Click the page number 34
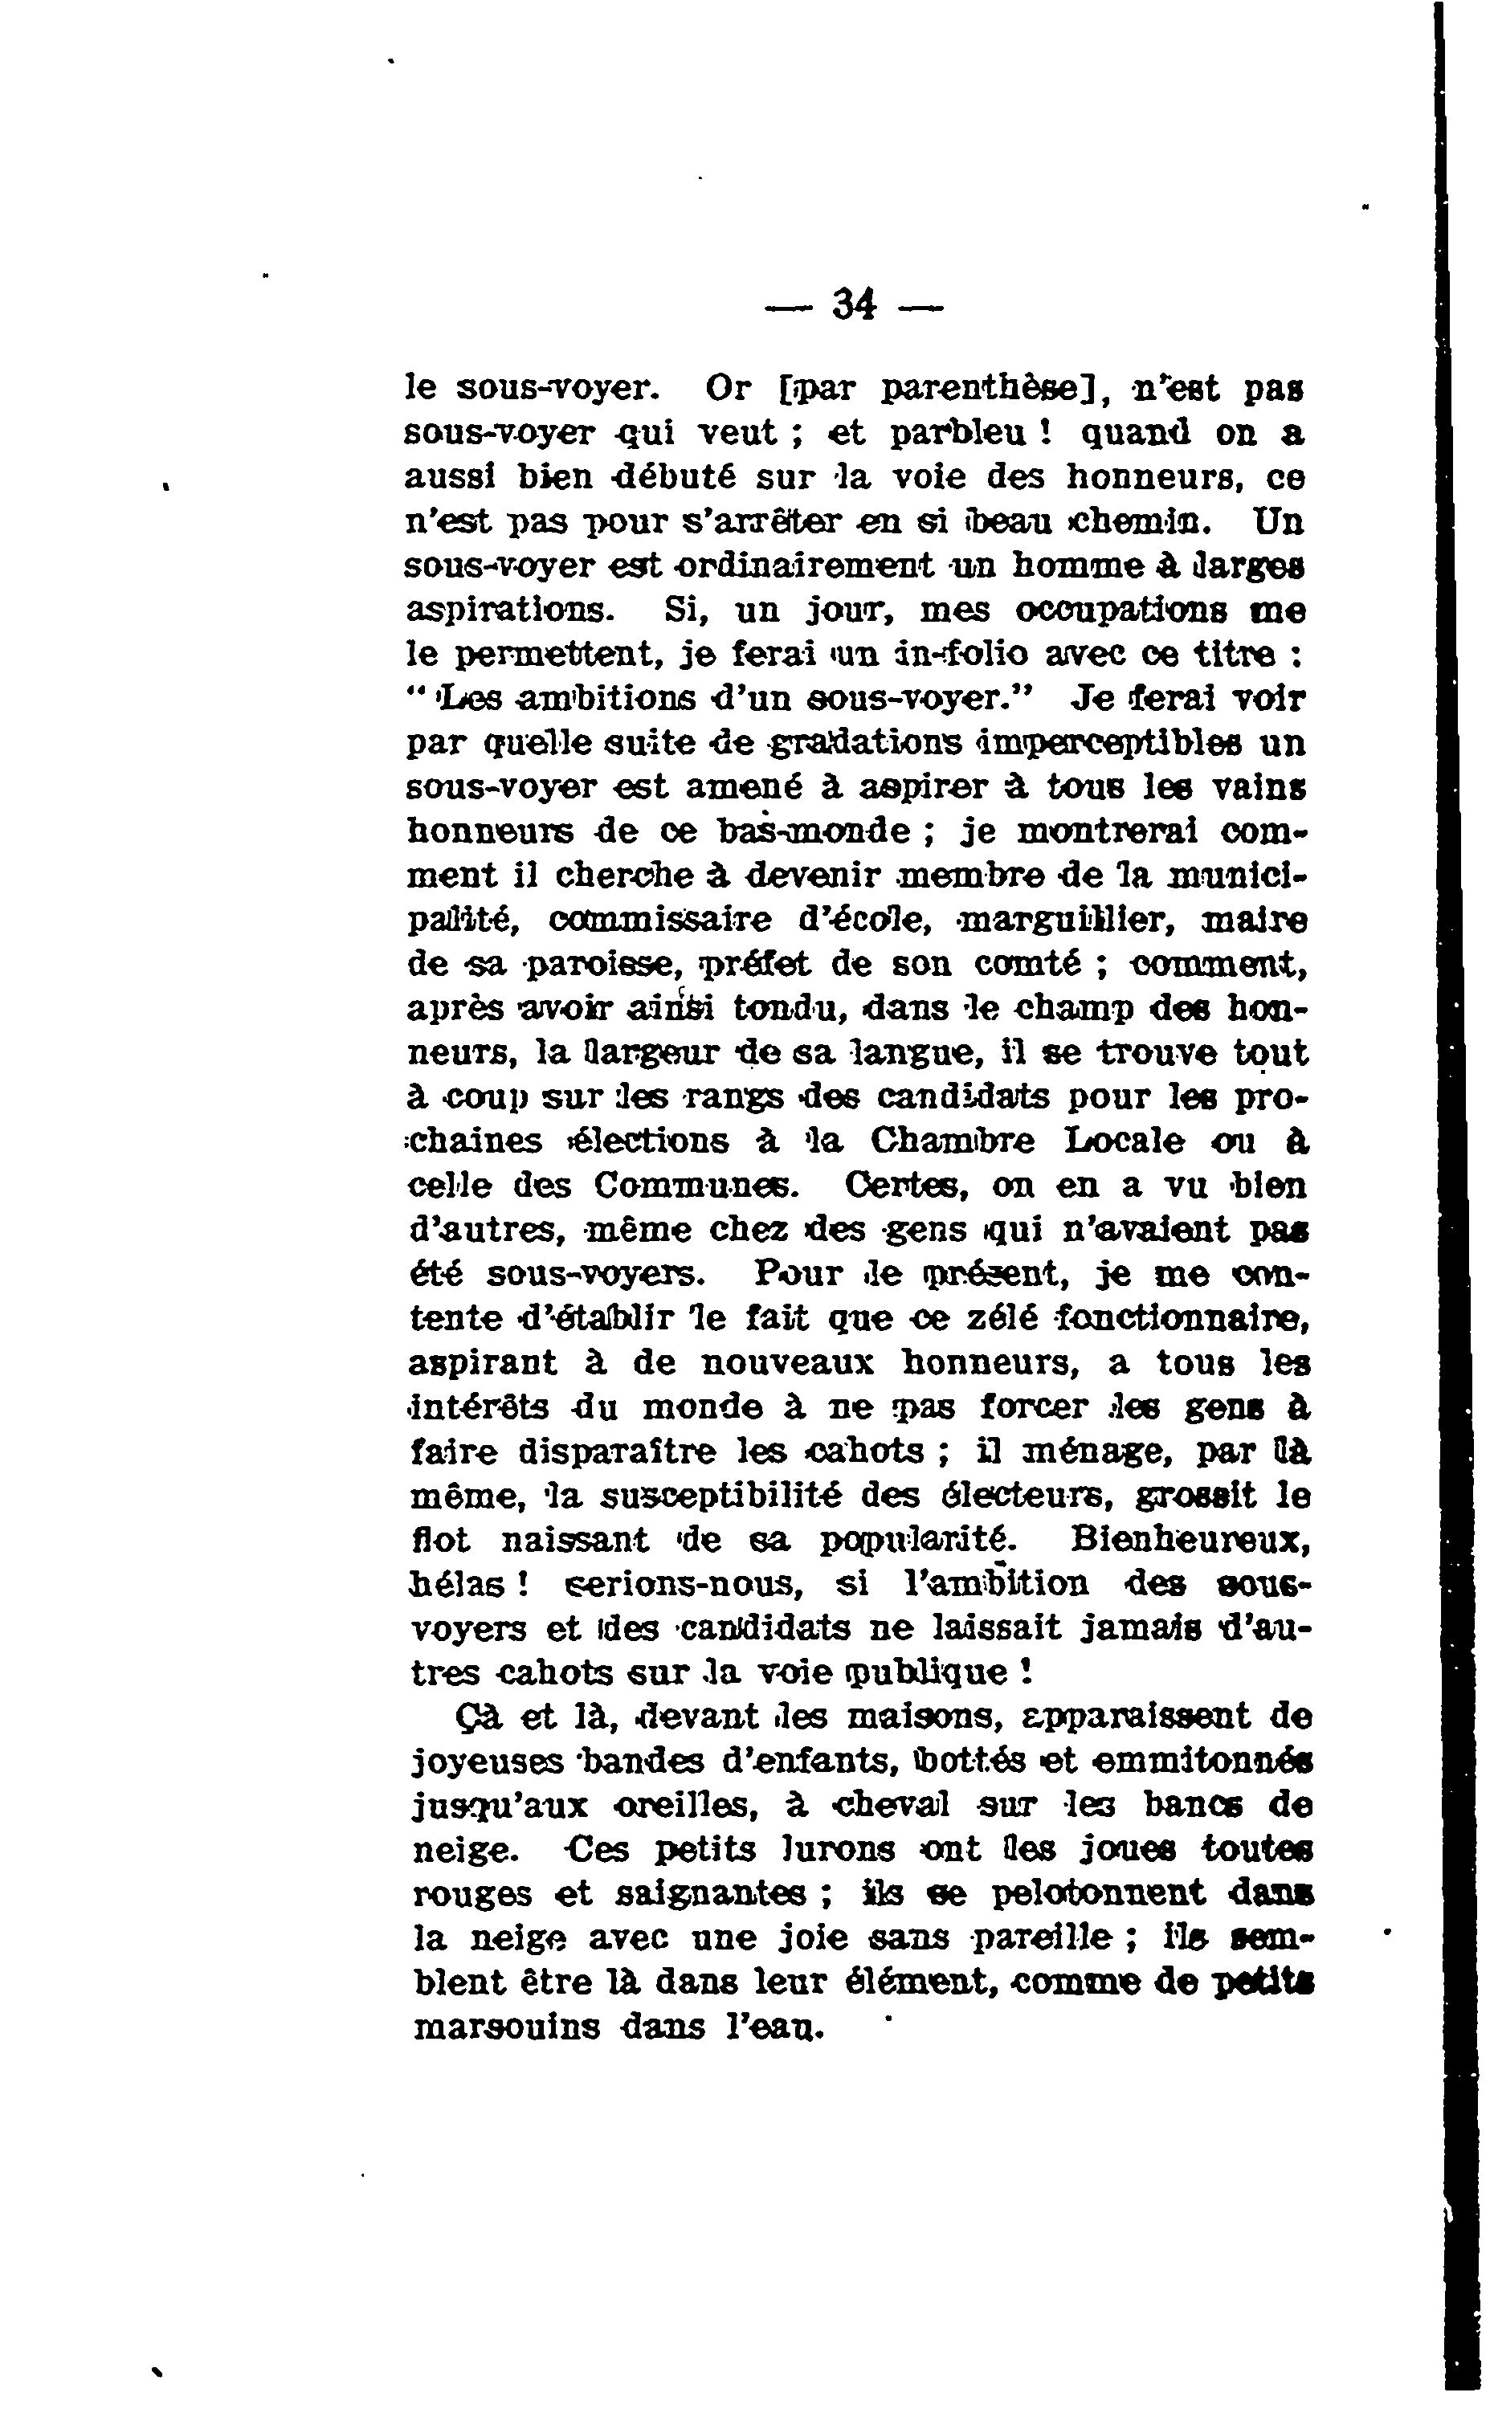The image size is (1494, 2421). tap(855, 304)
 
